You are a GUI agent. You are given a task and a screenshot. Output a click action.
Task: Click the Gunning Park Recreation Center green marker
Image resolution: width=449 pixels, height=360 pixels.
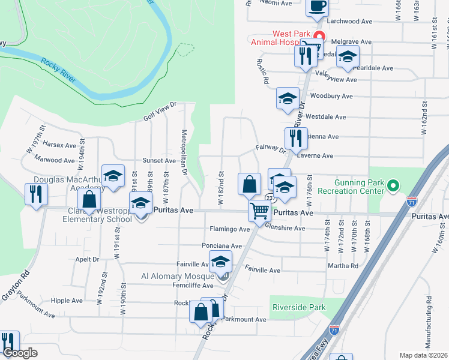[393, 186]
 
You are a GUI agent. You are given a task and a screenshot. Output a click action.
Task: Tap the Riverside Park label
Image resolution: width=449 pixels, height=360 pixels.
[299, 307]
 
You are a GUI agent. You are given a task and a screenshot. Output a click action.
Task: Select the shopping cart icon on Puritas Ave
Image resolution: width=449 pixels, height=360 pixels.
[259, 211]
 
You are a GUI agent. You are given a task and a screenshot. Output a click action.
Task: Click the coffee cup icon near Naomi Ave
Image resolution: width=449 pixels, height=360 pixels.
[317, 6]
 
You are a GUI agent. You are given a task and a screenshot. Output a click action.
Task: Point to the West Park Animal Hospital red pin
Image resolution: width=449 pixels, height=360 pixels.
[320, 35]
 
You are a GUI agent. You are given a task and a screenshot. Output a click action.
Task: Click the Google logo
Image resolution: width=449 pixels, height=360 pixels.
[20, 353]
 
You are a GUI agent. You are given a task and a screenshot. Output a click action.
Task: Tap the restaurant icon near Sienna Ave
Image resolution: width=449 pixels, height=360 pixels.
[296, 138]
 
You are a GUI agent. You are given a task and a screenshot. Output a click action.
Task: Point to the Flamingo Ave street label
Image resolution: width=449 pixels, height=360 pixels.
[229, 229]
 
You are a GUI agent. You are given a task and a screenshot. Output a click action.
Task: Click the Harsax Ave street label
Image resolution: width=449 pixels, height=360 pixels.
[59, 145]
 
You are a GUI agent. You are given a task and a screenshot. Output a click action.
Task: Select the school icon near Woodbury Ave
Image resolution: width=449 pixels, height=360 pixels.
[288, 98]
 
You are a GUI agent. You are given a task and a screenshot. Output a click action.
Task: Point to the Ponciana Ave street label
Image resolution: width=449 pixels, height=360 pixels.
[221, 246]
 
